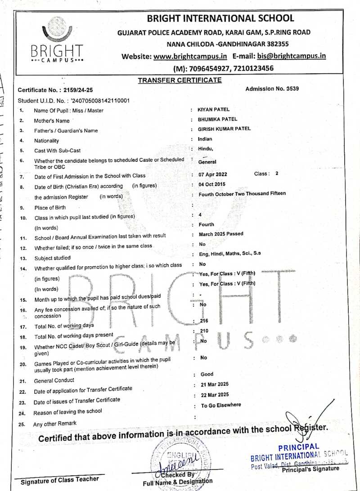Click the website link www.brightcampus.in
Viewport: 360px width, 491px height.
pos(190,56)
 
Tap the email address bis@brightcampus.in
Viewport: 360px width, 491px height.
pos(291,56)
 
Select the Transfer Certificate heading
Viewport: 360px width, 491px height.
pos(180,80)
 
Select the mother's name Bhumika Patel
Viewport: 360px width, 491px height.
pos(217,119)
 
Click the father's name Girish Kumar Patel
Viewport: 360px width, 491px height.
pos(224,129)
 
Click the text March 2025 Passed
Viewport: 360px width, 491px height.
pos(221,234)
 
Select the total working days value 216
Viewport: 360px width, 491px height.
pos(204,321)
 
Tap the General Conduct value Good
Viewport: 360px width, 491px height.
pos(207,374)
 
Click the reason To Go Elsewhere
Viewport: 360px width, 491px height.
pos(221,405)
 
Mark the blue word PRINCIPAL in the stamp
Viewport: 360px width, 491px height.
pos(299,448)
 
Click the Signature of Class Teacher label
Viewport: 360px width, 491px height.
pos(60,480)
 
